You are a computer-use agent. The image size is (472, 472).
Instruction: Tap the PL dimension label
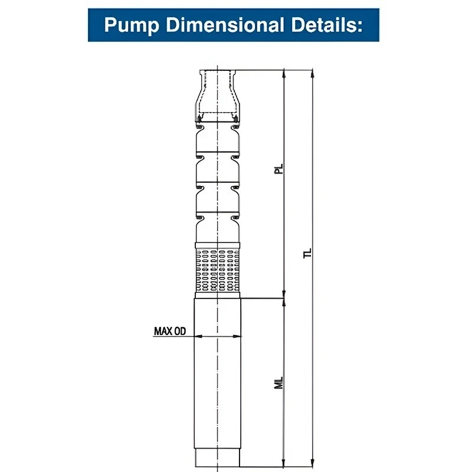[x=280, y=169]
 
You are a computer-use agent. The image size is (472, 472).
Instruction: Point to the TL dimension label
[x=307, y=254]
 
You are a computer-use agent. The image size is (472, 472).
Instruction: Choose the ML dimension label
[x=280, y=382]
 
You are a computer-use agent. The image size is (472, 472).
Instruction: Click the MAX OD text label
[x=170, y=331]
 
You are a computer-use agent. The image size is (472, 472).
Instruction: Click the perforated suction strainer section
[x=218, y=270]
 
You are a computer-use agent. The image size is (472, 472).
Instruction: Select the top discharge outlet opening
[x=218, y=73]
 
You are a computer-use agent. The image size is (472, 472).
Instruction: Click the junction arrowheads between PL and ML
[x=285, y=298]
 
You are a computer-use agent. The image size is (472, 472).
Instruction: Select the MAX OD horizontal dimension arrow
[x=218, y=336]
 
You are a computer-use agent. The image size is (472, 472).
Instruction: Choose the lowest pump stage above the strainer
[x=218, y=230]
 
